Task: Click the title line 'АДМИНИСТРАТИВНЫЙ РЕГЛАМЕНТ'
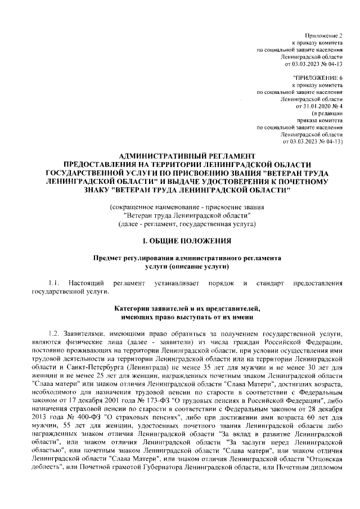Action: (179, 155)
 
